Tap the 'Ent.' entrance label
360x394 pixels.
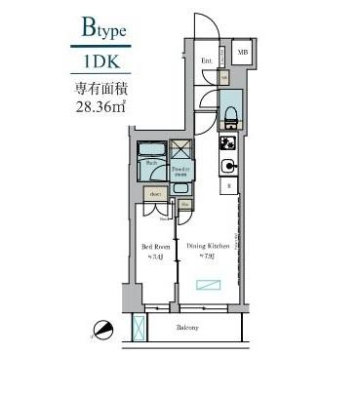coord(207,60)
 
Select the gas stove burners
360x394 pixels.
coord(226,142)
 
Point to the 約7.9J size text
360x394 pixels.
coord(207,256)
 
